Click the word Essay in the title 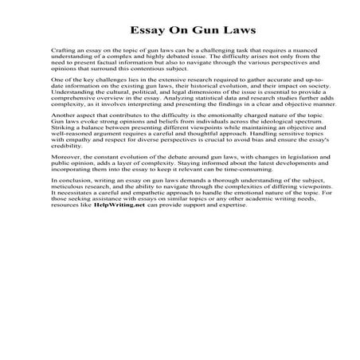click(149, 31)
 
